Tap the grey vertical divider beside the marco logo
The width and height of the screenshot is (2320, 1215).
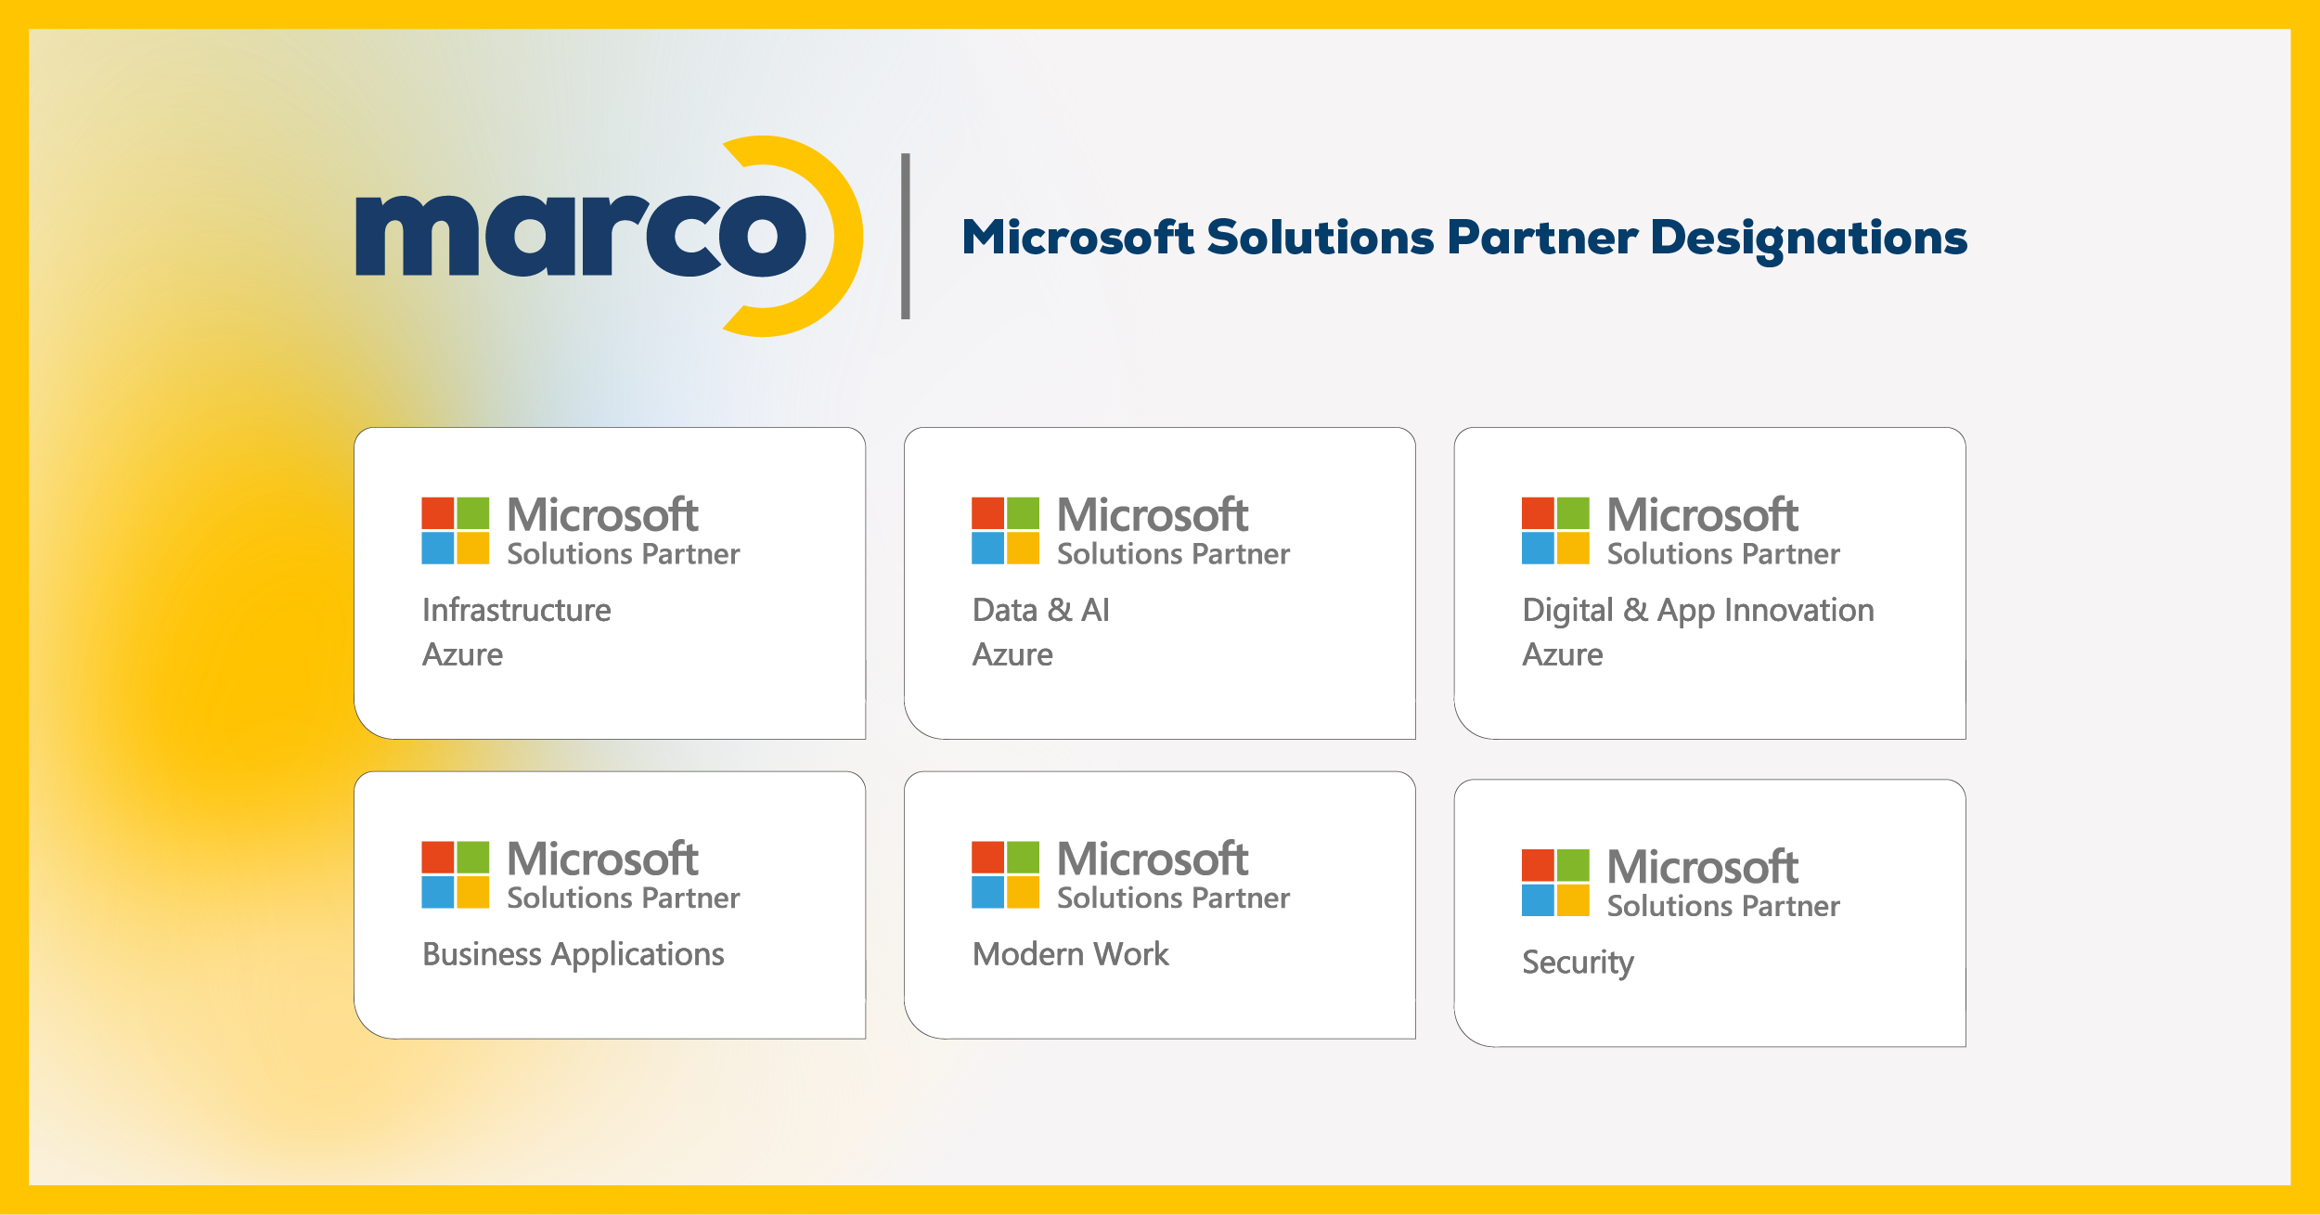click(x=906, y=236)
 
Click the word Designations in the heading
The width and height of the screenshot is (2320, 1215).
click(x=1809, y=238)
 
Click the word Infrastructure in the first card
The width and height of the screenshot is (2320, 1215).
click(x=516, y=610)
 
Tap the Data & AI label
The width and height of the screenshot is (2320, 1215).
click(x=1040, y=610)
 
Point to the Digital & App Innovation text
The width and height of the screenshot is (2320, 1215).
click(x=1697, y=610)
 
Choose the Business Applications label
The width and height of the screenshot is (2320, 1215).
click(x=573, y=954)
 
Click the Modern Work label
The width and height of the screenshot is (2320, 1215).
click(x=1070, y=954)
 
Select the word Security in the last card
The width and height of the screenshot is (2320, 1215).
click(x=1578, y=963)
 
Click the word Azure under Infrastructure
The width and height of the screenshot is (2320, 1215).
click(x=462, y=655)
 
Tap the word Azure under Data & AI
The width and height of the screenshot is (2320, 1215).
click(x=1012, y=655)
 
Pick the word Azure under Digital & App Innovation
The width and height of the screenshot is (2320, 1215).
click(x=1562, y=655)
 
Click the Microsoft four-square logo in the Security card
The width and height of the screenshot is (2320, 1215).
click(x=1555, y=883)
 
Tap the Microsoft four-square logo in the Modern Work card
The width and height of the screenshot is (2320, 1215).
click(x=1005, y=874)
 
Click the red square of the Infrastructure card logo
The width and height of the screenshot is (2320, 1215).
click(x=438, y=513)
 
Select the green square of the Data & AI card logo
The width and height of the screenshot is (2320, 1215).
click(x=1023, y=513)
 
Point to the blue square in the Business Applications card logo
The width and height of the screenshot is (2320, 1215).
click(x=438, y=892)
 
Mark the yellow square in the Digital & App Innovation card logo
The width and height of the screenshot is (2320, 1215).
click(x=1573, y=548)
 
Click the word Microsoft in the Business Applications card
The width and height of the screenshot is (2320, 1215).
click(x=602, y=859)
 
